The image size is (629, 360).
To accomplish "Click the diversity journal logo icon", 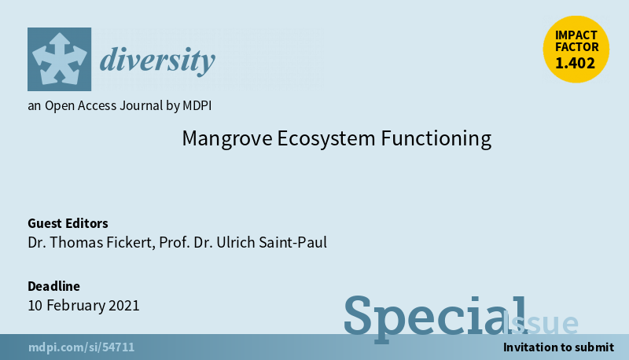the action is [x=60, y=59].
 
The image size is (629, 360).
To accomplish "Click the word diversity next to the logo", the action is [x=157, y=61].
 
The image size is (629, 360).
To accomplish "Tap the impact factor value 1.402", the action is [x=576, y=63].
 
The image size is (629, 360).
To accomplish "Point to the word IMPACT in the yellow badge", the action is [x=576, y=35].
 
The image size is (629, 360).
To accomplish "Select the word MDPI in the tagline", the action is [x=197, y=105].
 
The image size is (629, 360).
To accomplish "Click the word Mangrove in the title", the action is [x=227, y=138].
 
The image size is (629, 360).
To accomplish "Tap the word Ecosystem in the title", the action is [x=326, y=138].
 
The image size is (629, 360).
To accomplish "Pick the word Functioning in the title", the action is [x=436, y=138].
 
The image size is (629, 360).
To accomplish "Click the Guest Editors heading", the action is [x=68, y=223].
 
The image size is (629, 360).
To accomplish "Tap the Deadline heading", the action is [x=53, y=286].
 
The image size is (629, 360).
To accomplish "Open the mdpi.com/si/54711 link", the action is [x=82, y=347].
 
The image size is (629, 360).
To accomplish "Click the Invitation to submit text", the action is [x=558, y=347].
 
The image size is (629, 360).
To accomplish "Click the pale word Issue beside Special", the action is [x=540, y=323].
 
